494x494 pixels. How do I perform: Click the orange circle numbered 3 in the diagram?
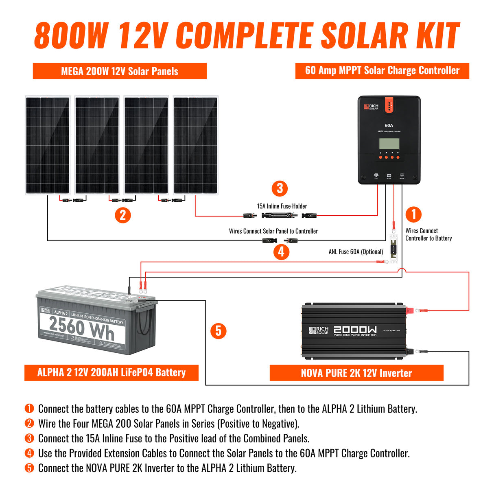pyautogui.click(x=280, y=188)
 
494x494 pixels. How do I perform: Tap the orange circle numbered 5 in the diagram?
pyautogui.click(x=219, y=331)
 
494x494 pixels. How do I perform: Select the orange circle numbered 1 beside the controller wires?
pyautogui.click(x=414, y=214)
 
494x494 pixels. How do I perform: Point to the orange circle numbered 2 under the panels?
pyautogui.click(x=123, y=215)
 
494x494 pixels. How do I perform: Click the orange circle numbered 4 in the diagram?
pyautogui.click(x=281, y=252)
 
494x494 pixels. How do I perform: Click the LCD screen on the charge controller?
pyautogui.click(x=389, y=144)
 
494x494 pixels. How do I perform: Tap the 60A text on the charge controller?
pyautogui.click(x=389, y=125)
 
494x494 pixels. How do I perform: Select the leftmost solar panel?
pyautogui.click(x=48, y=145)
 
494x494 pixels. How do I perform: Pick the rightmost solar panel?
pyautogui.click(x=195, y=145)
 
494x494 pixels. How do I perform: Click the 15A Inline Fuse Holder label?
pyautogui.click(x=282, y=206)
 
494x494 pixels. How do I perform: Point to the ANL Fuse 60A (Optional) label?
pyautogui.click(x=356, y=252)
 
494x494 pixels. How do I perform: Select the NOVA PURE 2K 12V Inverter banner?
pyautogui.click(x=356, y=373)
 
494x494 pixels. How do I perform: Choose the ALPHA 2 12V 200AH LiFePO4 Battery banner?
pyautogui.click(x=111, y=372)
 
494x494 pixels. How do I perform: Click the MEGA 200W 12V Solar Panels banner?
pyautogui.click(x=120, y=71)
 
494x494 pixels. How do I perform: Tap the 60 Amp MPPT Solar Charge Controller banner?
pyautogui.click(x=382, y=71)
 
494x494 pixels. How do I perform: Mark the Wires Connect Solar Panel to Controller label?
pyautogui.click(x=273, y=231)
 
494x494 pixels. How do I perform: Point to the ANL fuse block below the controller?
pyautogui.click(x=393, y=249)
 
